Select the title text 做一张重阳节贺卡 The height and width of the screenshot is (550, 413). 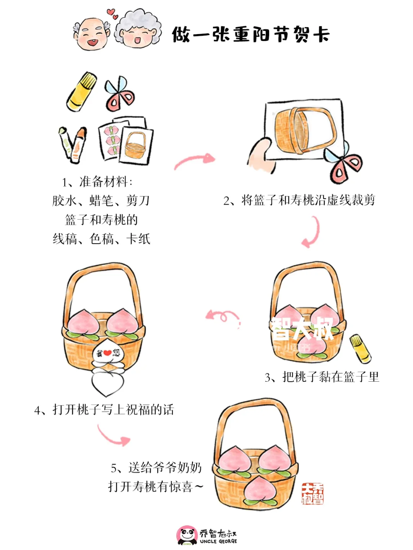click(250, 34)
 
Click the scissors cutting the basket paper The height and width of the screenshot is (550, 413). click(343, 164)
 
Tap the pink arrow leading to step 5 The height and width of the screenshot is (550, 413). click(113, 436)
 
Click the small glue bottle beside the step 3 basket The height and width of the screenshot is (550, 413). click(361, 348)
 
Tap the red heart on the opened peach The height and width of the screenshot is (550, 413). click(107, 353)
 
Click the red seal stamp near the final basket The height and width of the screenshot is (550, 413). click(312, 493)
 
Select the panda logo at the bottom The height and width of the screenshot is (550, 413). click(187, 535)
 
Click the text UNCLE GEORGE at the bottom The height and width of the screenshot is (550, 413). click(218, 542)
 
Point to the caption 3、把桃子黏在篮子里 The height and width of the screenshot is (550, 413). click(322, 377)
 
